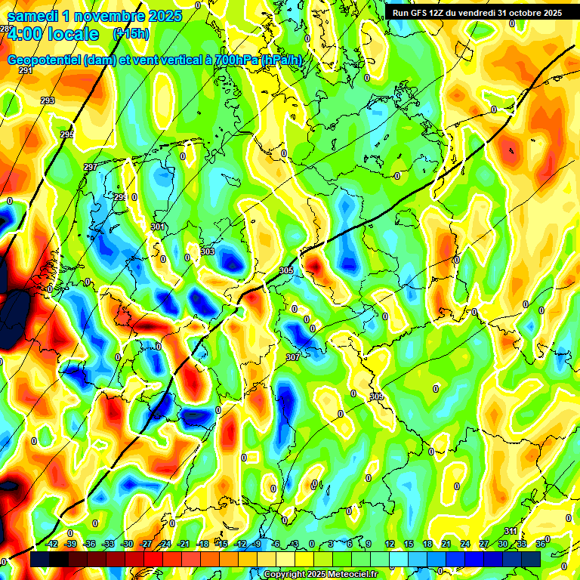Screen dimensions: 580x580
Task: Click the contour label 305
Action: coord(286,270)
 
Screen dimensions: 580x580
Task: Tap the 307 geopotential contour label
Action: coord(293,357)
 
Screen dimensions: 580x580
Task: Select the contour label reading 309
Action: coord(376,396)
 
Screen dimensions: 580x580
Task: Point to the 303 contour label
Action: coord(208,251)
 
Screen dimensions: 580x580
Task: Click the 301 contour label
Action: coord(158,227)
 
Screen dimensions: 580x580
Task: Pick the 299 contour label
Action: coord(120,196)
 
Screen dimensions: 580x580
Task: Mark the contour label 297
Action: coord(91,167)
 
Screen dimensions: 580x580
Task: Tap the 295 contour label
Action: coord(67,134)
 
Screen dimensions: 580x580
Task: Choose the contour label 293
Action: coord(48,100)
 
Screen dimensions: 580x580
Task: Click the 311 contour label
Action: coord(511,531)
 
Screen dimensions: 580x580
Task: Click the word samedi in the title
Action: coord(35,16)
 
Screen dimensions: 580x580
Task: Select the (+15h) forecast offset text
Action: coord(131,33)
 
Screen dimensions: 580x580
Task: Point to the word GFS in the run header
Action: coord(421,13)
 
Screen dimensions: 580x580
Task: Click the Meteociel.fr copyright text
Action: coord(348,575)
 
